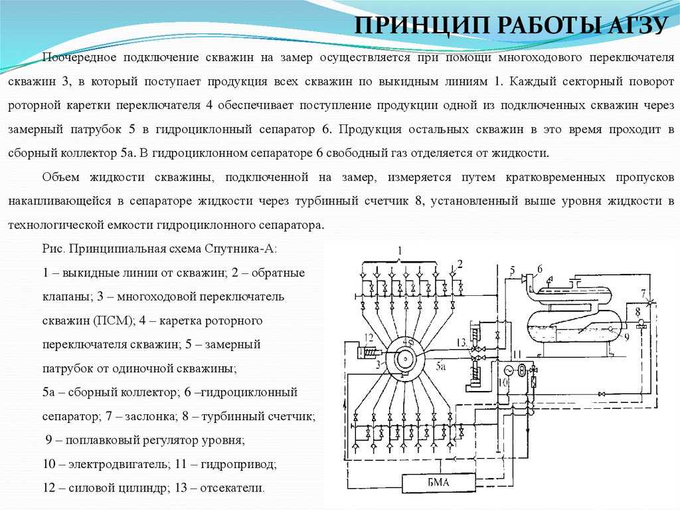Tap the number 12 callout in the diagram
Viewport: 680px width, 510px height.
369,337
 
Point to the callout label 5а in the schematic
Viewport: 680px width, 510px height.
441,366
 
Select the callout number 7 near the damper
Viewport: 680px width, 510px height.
643,294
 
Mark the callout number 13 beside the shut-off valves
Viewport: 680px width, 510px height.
462,342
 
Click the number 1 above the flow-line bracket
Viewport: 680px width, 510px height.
399,251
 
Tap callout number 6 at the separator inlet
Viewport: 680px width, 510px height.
540,269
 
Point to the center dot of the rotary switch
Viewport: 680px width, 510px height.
405,359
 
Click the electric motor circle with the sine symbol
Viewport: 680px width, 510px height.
508,369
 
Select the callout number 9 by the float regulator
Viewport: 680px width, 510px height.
626,336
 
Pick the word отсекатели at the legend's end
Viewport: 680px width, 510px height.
232,488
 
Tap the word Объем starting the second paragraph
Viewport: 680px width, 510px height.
60,178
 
